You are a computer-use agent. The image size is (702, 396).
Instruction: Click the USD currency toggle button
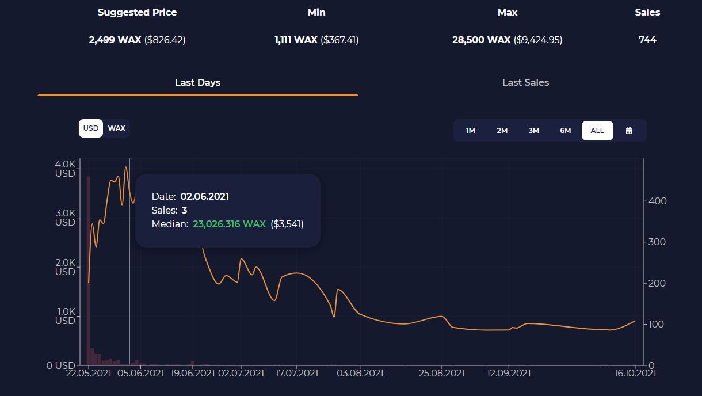pyautogui.click(x=91, y=128)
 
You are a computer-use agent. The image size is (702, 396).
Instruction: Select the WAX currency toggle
pyautogui.click(x=117, y=128)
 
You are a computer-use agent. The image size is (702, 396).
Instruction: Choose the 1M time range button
pyautogui.click(x=471, y=131)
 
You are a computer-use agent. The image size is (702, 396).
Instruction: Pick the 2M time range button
pyautogui.click(x=502, y=131)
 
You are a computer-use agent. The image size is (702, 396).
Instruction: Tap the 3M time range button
pyautogui.click(x=534, y=131)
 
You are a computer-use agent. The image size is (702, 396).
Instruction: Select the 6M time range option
pyautogui.click(x=566, y=131)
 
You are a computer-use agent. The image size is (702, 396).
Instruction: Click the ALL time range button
pyautogui.click(x=597, y=131)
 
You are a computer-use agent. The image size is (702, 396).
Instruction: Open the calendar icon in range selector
pyautogui.click(x=629, y=131)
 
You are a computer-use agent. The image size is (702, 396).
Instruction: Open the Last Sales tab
pyautogui.click(x=525, y=82)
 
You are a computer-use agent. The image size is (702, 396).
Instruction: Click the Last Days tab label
pyautogui.click(x=198, y=82)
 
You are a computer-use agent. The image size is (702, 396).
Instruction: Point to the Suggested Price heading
pyautogui.click(x=138, y=12)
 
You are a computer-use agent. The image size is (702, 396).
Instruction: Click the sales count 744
pyautogui.click(x=647, y=40)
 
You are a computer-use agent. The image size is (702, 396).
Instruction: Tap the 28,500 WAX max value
pyautogui.click(x=482, y=40)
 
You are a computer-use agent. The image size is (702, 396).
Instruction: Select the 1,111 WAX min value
pyautogui.click(x=296, y=40)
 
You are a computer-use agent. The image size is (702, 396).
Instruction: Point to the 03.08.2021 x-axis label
pyautogui.click(x=360, y=373)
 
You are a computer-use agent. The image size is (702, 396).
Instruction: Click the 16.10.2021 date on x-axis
pyautogui.click(x=635, y=373)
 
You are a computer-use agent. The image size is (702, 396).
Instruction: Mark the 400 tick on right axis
pyautogui.click(x=658, y=201)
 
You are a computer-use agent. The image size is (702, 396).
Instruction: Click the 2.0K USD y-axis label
pyautogui.click(x=65, y=267)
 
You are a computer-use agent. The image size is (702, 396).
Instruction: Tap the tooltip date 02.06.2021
pyautogui.click(x=205, y=196)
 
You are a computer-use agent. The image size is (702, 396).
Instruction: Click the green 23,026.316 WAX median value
pyautogui.click(x=229, y=224)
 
